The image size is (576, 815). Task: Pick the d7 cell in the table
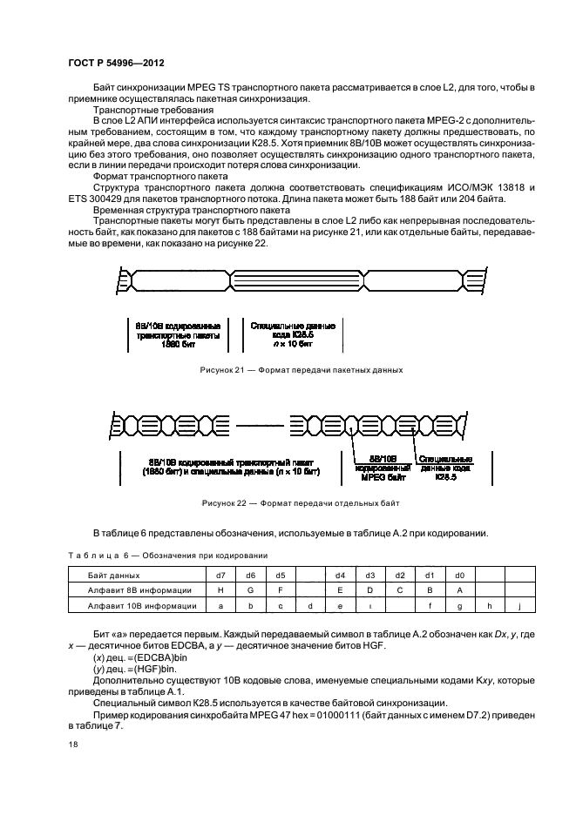click(x=220, y=576)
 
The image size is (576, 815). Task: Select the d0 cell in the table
click(x=460, y=576)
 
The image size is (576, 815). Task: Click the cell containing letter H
click(x=220, y=590)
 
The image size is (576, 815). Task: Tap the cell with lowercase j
click(x=519, y=605)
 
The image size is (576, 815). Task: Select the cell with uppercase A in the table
click(x=460, y=590)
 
